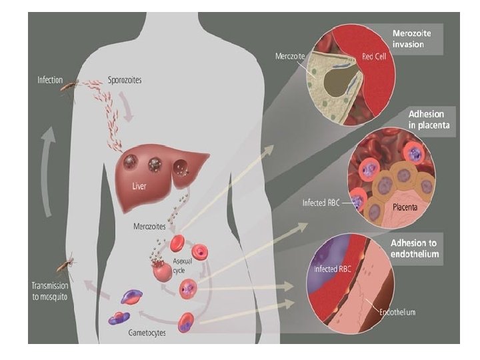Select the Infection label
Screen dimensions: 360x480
[50, 80]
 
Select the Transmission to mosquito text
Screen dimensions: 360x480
[50, 291]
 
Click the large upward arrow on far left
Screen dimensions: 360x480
[46, 173]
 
